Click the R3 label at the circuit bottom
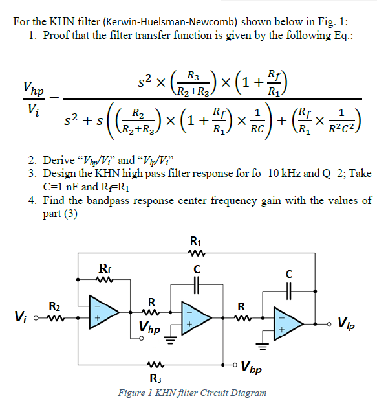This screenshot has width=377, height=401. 155,378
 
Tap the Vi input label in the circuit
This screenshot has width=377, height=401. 21,317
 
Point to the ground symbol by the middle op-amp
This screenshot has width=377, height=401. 171,344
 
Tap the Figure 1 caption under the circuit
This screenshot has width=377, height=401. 192,393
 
